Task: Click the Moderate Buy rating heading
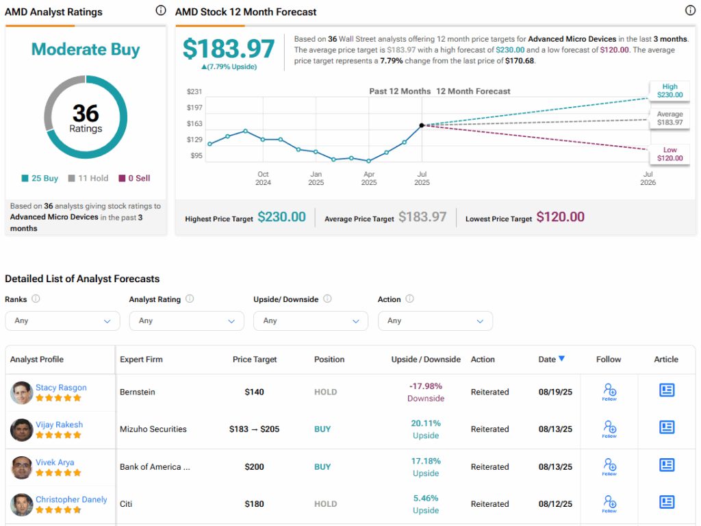(86, 49)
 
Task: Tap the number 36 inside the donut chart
(86, 112)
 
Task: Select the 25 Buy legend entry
(40, 178)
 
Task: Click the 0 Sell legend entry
(134, 178)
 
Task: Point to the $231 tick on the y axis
(195, 92)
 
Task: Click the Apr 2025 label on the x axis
(369, 178)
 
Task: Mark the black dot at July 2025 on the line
(422, 125)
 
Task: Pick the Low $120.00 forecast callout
(670, 154)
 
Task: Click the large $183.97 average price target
(229, 49)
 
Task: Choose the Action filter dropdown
(435, 321)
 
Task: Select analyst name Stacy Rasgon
(61, 388)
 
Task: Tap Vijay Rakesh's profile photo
(22, 429)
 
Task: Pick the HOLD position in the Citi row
(325, 504)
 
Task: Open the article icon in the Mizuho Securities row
(667, 427)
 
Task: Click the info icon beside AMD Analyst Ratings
(160, 11)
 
